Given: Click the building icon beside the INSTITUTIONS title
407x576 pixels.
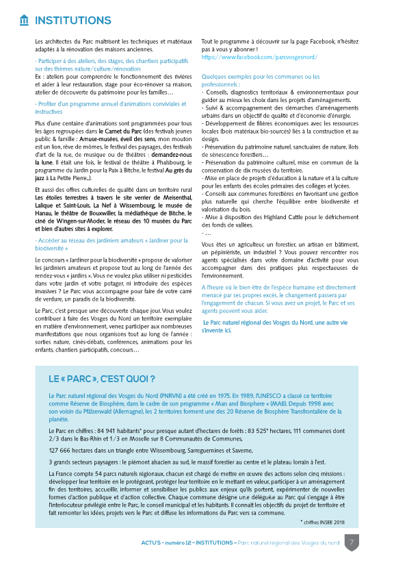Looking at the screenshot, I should tap(25, 20).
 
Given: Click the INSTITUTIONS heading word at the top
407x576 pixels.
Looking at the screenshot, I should tap(73, 20).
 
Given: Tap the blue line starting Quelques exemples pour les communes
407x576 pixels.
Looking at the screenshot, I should tap(261, 77).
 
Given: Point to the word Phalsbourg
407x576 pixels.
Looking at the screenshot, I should tap(174, 162).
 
